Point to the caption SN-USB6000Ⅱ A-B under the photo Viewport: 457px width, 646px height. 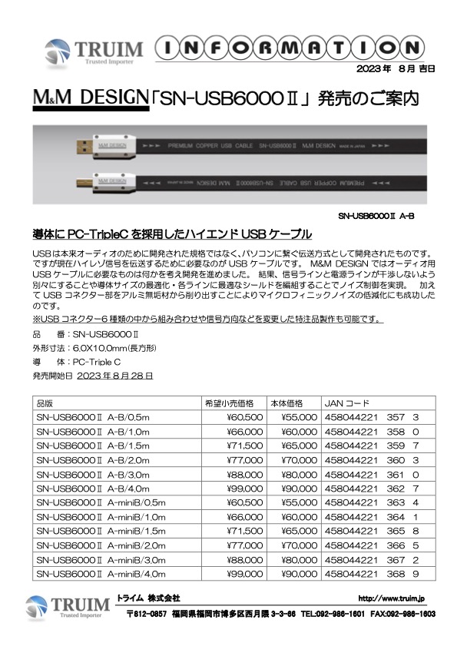pos(376,217)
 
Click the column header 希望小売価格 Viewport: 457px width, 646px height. pos(228,403)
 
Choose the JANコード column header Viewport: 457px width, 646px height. pos(348,403)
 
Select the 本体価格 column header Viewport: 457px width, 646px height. pos(287,403)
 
